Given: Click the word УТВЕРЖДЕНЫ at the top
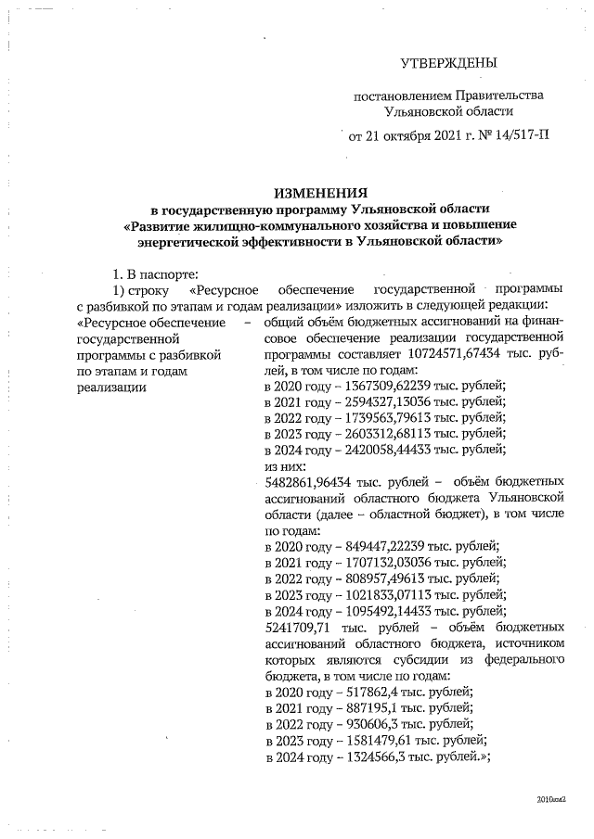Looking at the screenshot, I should point(447,63).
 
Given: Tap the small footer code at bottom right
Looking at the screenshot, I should point(551,797).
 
